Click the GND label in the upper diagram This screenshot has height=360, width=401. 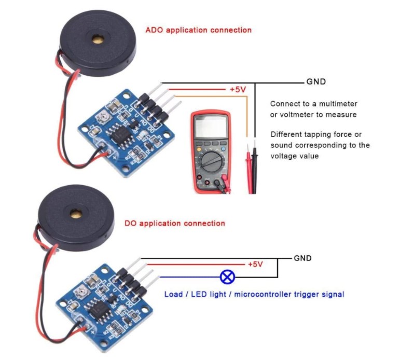click(316, 82)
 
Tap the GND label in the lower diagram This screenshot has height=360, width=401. click(302, 258)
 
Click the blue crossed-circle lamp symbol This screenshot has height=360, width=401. click(227, 277)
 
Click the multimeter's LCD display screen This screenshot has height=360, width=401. click(210, 127)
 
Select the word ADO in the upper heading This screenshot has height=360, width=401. click(155, 30)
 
